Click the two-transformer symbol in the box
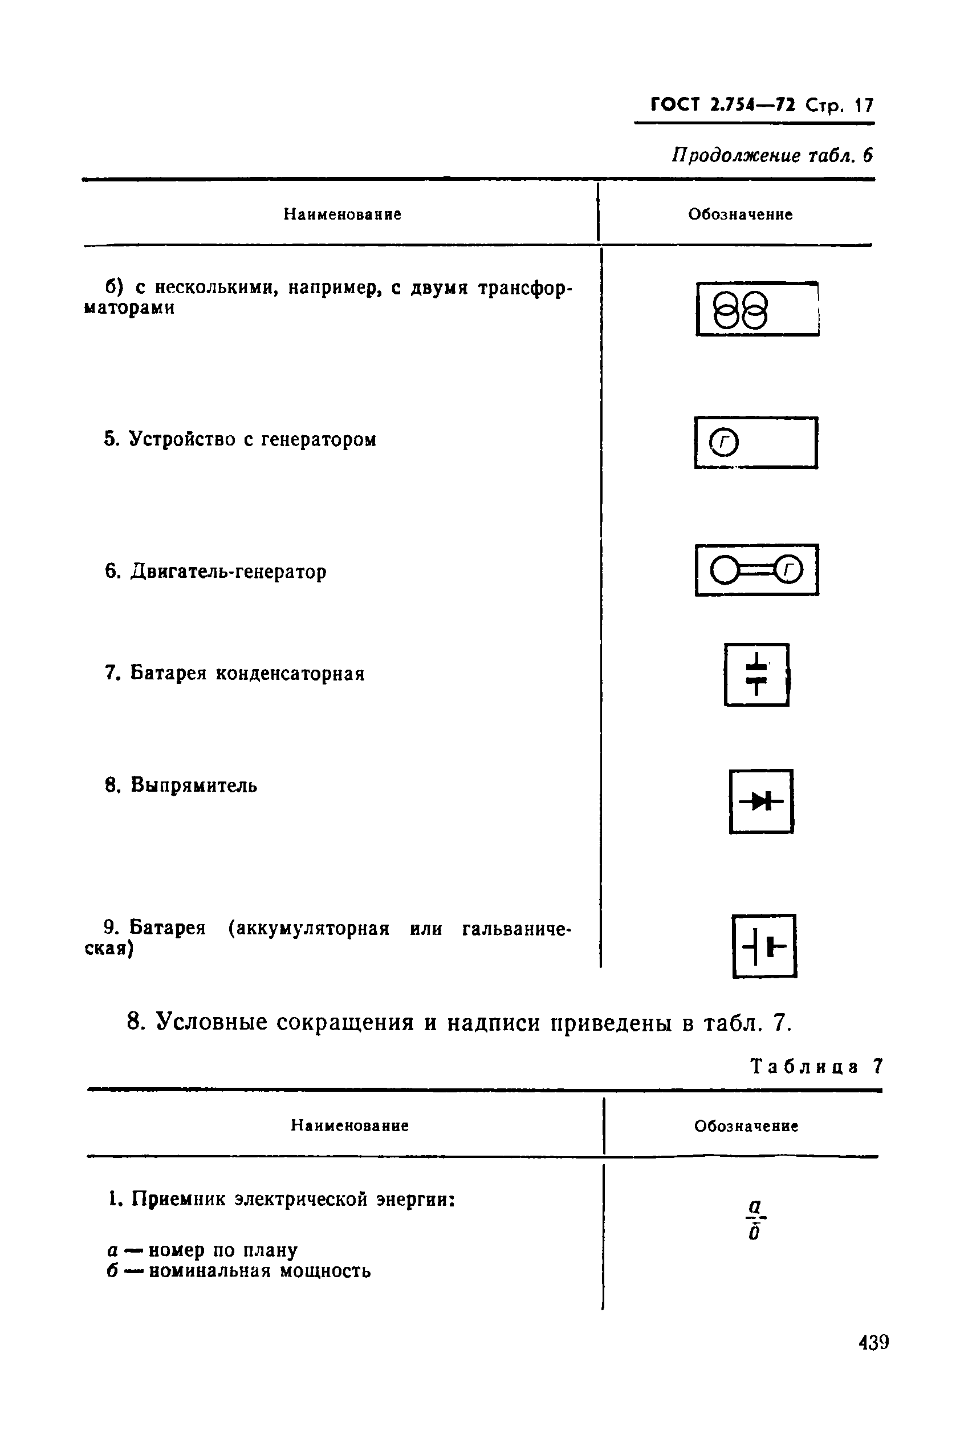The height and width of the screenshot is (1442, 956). click(739, 310)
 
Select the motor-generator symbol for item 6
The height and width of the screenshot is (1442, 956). click(756, 570)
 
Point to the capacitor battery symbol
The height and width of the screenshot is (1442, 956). click(756, 675)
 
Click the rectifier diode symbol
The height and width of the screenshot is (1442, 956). click(761, 801)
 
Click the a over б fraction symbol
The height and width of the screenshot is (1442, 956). click(755, 1221)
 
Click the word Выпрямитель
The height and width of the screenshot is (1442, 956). click(194, 785)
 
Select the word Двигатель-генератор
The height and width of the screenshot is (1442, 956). click(229, 572)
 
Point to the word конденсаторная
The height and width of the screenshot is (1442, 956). click(290, 674)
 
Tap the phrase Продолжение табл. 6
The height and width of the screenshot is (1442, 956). click(772, 156)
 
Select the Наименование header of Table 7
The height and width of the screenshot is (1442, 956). click(349, 1125)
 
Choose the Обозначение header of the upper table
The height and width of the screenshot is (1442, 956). click(740, 214)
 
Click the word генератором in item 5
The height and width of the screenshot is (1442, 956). click(318, 439)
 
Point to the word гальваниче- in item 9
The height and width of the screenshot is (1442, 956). click(516, 929)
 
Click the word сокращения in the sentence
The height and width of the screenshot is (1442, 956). click(345, 1022)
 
